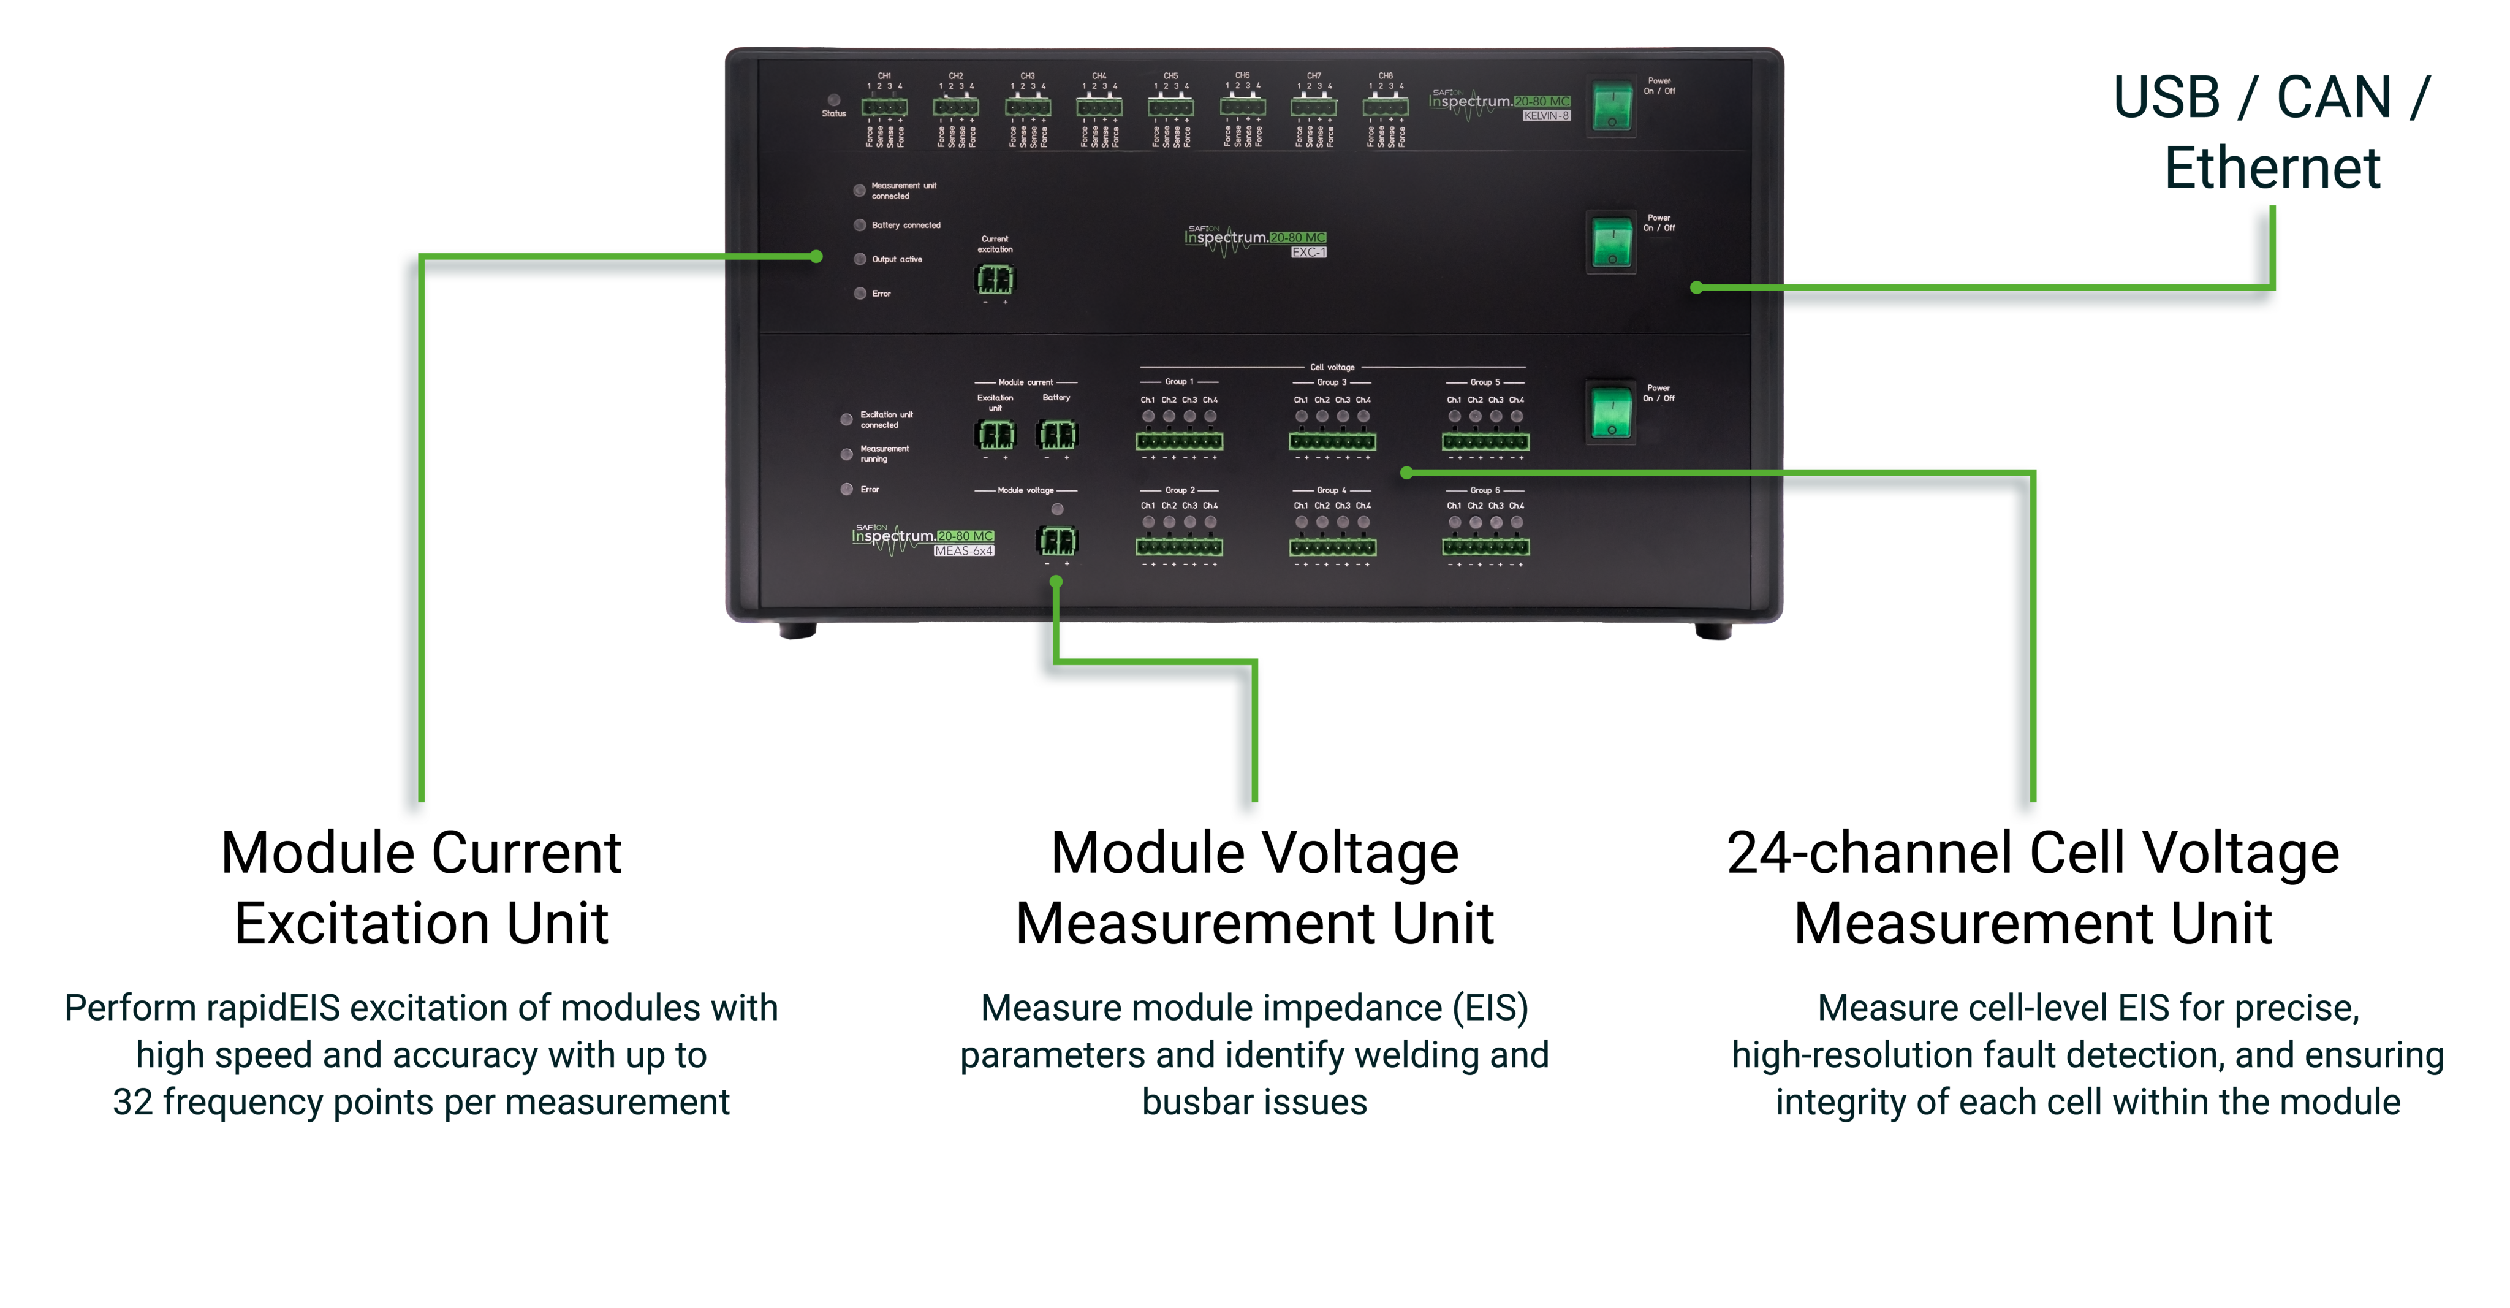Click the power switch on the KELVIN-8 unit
1612,106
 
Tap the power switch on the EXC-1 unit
1612,243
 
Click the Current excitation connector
995,279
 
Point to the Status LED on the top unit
834,99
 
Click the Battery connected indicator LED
859,225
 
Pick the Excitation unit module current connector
995,434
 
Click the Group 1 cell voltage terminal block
1179,441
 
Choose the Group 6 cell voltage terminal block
1485,547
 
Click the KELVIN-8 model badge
1546,116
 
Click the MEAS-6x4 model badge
964,550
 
